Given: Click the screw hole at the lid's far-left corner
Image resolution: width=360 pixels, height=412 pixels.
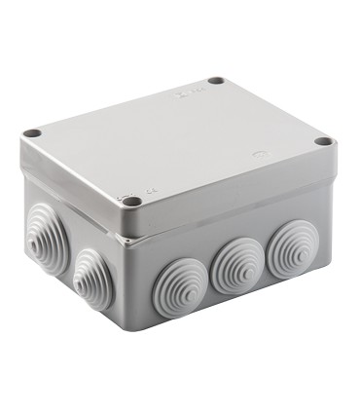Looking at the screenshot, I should tap(34, 131).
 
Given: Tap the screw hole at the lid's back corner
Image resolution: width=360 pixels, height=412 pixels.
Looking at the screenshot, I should tap(217, 81).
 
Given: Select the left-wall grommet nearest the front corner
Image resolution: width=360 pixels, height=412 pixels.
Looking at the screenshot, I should tap(92, 278).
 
